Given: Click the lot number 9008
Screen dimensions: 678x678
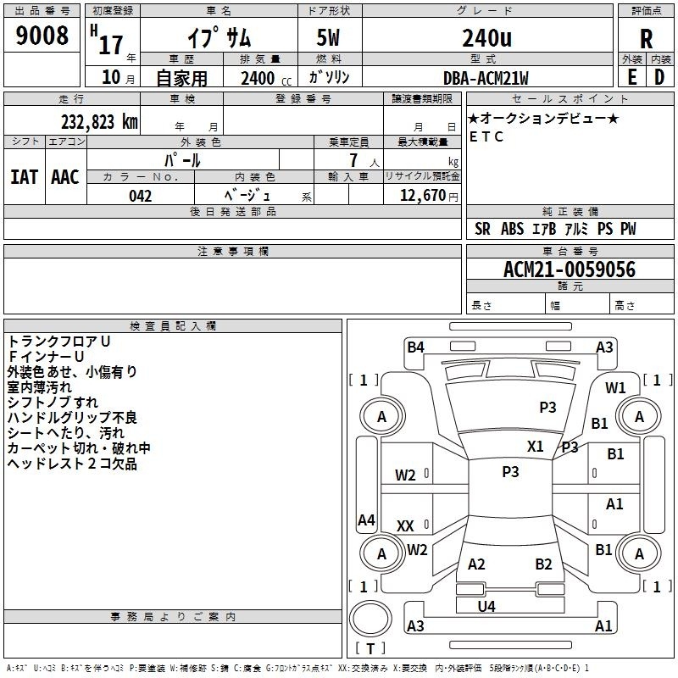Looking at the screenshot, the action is [x=42, y=36].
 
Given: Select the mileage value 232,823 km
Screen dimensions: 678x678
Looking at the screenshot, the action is [x=99, y=122].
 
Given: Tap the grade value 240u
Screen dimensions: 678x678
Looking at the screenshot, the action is [x=486, y=37].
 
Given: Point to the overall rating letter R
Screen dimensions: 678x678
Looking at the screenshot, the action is [x=646, y=39].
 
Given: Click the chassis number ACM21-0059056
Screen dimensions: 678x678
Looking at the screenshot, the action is [x=570, y=270].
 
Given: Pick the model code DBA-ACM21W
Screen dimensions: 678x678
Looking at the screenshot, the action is [x=486, y=78].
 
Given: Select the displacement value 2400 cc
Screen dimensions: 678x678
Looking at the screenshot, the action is [x=266, y=78].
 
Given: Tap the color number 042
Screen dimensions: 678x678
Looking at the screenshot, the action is [x=140, y=196].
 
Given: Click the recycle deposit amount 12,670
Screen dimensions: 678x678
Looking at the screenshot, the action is [x=422, y=196].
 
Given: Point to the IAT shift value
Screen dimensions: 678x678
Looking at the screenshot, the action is [x=25, y=177].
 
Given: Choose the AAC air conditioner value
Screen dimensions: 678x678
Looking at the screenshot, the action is [x=65, y=177].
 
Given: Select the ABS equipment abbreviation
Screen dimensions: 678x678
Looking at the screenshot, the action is [x=513, y=229].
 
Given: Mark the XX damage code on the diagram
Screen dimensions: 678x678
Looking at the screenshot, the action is [x=405, y=525].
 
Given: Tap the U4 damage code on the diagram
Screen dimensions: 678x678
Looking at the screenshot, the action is [x=486, y=606].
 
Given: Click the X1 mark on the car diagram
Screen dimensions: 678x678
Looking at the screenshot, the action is [x=536, y=447].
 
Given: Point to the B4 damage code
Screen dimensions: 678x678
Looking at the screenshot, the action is [x=415, y=347].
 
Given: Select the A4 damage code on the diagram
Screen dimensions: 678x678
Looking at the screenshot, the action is [x=366, y=520].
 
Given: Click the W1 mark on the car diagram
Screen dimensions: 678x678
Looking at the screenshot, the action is [x=615, y=388].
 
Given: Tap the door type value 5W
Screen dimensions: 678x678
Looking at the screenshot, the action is [x=328, y=37].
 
